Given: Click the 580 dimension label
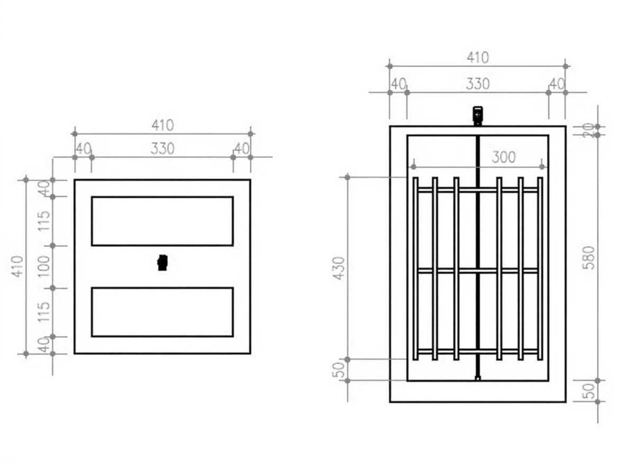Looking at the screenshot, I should point(588,257).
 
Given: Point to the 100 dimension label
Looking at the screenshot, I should point(44,267).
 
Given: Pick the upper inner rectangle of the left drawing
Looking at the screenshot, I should point(162,221).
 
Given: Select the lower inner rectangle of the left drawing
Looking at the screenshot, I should point(162,312).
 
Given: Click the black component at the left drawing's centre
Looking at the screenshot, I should point(162,262).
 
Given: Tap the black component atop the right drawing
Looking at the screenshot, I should point(477,115).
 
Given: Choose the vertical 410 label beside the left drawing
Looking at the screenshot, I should point(18,266).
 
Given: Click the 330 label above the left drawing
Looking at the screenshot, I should point(162,149).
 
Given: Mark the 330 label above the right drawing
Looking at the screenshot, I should point(477,84).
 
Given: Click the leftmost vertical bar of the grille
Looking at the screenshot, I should point(415,268).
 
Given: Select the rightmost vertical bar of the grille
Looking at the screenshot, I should point(540,268).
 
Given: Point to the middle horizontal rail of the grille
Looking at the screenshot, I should point(477,271).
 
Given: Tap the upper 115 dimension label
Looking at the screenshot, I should point(44,221).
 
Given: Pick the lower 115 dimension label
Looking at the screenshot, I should point(44,312).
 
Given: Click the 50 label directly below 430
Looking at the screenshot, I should point(340,370).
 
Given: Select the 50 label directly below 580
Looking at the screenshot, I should point(588,391).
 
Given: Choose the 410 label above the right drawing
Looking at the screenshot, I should point(477,57).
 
